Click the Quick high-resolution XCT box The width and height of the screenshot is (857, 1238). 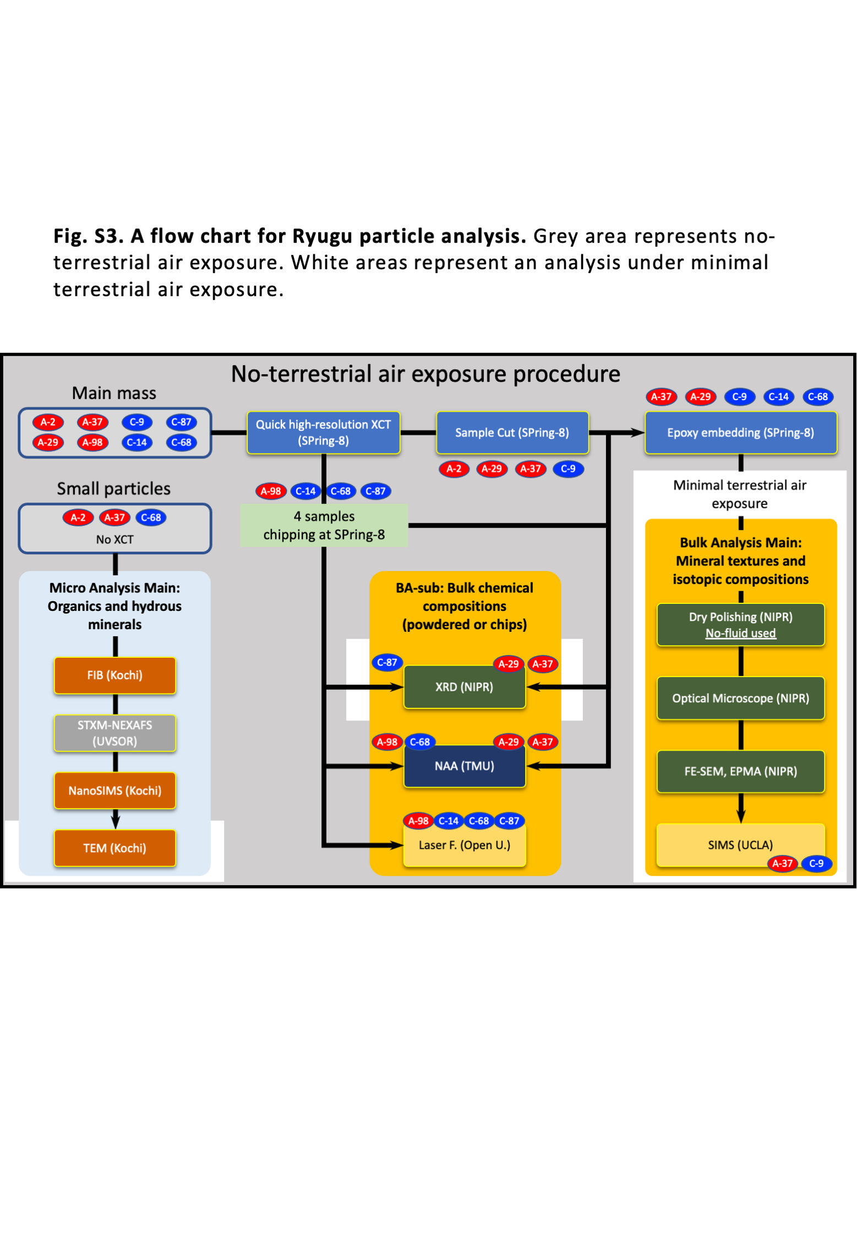pos(324,433)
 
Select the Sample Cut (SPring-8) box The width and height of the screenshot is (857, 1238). pos(512,433)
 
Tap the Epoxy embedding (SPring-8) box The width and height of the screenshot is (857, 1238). pos(741,433)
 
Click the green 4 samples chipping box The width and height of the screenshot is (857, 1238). pos(324,526)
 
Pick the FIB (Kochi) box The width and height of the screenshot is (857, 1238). pos(115,675)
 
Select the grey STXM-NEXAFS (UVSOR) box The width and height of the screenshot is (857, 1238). pos(115,733)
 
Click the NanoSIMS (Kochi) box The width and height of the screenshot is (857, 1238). pos(115,791)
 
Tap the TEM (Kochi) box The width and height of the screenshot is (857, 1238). pos(115,848)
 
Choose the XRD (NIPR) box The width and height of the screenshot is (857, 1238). pos(465,688)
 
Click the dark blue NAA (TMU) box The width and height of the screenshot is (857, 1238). pos(465,766)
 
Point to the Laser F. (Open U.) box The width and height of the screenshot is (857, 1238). pos(465,846)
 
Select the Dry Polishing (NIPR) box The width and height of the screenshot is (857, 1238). pos(741,625)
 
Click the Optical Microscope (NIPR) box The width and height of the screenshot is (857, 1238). pos(741,699)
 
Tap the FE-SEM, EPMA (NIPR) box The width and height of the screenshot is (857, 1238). pos(741,772)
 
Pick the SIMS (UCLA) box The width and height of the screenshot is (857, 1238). pos(741,845)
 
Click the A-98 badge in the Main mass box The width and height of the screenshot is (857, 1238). pos(92,443)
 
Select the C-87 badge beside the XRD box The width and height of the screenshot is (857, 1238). pos(387,663)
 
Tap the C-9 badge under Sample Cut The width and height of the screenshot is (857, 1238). pos(568,469)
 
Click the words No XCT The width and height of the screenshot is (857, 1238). pos(115,540)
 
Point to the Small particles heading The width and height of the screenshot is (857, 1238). pos(114,489)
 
